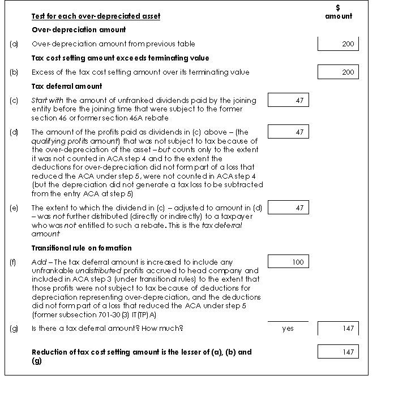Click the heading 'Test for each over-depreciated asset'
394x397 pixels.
click(96, 16)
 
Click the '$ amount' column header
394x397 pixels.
click(339, 12)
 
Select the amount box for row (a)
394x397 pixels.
click(338, 44)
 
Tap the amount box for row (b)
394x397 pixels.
click(338, 72)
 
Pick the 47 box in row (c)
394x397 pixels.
click(288, 100)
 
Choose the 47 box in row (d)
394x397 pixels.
click(288, 132)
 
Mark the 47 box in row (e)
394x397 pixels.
click(288, 208)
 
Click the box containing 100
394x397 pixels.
click(288, 262)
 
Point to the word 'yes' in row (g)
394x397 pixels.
click(288, 329)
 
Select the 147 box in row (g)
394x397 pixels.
click(338, 329)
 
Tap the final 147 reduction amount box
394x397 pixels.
click(338, 352)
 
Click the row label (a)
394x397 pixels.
click(14, 44)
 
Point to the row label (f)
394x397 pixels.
click(14, 262)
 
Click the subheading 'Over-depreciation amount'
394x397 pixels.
click(79, 30)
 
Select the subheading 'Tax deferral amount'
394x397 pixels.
click(67, 86)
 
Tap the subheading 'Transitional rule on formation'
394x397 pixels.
click(82, 248)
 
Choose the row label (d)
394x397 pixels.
click(14, 132)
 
